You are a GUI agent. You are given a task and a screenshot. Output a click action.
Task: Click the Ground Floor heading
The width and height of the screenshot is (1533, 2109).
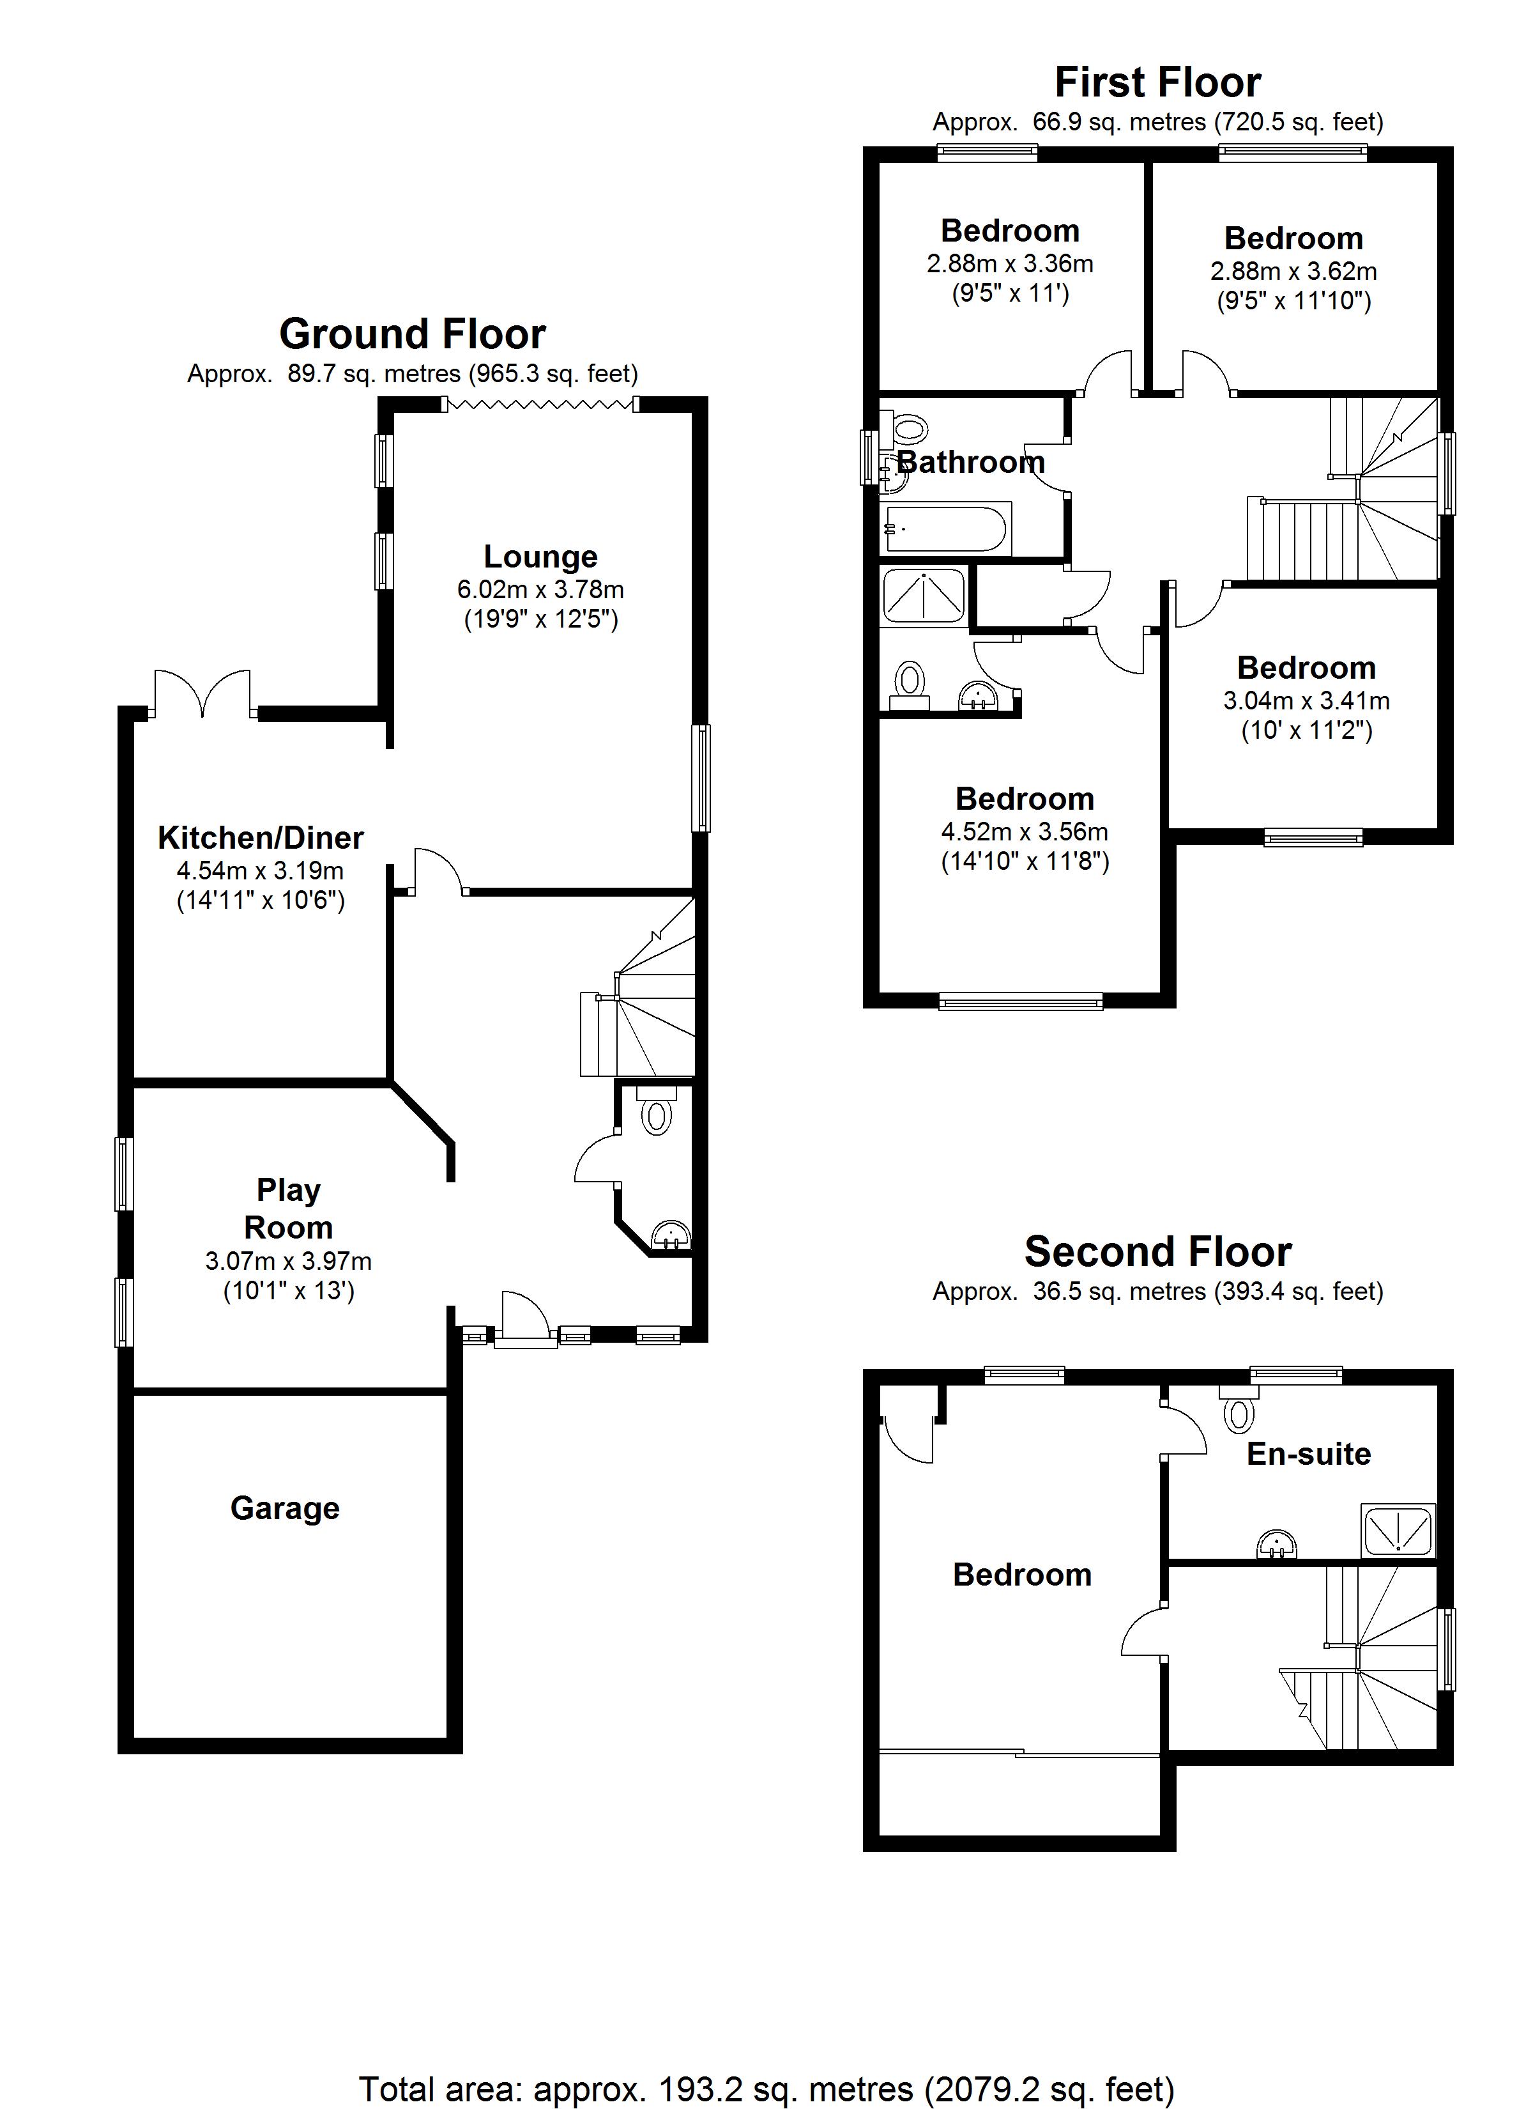tap(412, 334)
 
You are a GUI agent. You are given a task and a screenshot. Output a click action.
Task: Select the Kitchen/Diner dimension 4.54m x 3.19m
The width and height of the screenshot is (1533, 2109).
tap(261, 870)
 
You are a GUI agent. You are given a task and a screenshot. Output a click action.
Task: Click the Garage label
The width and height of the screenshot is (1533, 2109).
tap(284, 1508)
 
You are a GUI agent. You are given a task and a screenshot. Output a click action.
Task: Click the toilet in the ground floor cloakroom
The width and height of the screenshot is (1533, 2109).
tap(657, 1113)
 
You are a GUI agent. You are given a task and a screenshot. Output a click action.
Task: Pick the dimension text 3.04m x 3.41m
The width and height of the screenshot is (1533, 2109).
tap(1306, 700)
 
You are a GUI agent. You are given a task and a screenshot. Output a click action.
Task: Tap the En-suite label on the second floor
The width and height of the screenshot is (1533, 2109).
tap(1308, 1453)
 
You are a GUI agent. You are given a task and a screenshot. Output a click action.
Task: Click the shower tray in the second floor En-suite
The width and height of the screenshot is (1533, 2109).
tap(1398, 1530)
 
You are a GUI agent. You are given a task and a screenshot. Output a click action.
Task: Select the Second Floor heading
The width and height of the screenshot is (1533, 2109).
tap(1157, 1251)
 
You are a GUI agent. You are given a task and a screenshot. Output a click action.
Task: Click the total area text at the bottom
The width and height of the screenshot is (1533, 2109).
tap(766, 2089)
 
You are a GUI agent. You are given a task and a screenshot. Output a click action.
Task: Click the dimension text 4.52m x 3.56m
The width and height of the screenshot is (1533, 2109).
tap(1025, 831)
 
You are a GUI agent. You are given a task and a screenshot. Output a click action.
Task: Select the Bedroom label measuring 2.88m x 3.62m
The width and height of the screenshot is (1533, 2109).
tap(1293, 239)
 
